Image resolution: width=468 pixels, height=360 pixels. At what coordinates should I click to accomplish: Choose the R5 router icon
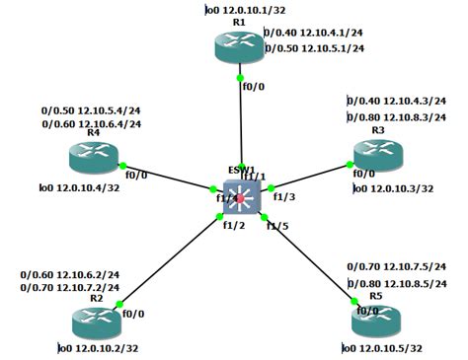click(x=378, y=320)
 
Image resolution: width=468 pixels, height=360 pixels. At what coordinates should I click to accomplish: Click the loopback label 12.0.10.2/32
click(x=99, y=348)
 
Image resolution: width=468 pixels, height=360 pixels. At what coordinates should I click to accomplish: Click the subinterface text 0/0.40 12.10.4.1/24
click(x=314, y=33)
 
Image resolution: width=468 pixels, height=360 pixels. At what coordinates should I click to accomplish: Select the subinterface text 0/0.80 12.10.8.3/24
click(x=399, y=117)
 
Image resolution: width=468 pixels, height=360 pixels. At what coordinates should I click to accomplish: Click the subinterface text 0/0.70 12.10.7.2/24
click(x=70, y=288)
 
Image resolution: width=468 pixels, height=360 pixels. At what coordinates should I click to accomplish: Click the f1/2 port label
click(x=233, y=225)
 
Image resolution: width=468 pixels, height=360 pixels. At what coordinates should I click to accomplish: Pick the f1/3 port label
click(x=284, y=196)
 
